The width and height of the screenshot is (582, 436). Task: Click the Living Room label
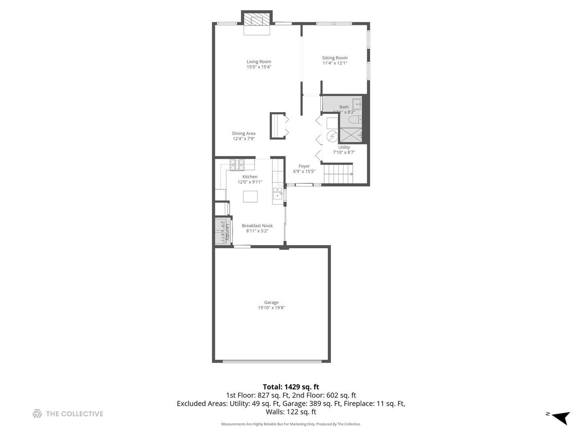(259, 62)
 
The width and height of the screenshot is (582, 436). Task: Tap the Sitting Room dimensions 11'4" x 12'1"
(335, 63)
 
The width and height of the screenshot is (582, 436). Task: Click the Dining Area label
(243, 134)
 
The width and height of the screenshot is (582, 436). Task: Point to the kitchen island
(250, 196)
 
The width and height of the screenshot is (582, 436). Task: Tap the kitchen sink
(277, 193)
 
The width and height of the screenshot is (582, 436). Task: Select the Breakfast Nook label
(257, 226)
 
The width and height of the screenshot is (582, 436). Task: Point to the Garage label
(271, 302)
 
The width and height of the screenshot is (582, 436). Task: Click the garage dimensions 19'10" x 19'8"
(271, 308)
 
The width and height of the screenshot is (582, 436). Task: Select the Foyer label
(304, 166)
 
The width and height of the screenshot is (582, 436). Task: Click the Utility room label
(344, 147)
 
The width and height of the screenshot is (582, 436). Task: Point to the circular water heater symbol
(332, 136)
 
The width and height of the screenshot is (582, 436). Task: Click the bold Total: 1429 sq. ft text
(291, 387)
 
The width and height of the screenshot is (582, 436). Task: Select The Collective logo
(68, 414)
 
